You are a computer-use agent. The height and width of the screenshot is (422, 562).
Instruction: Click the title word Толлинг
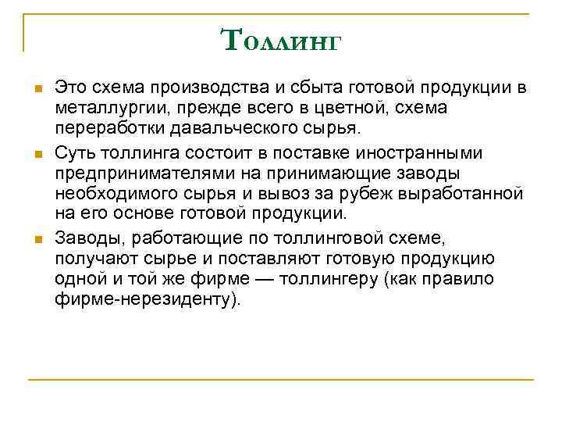[x=281, y=39]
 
